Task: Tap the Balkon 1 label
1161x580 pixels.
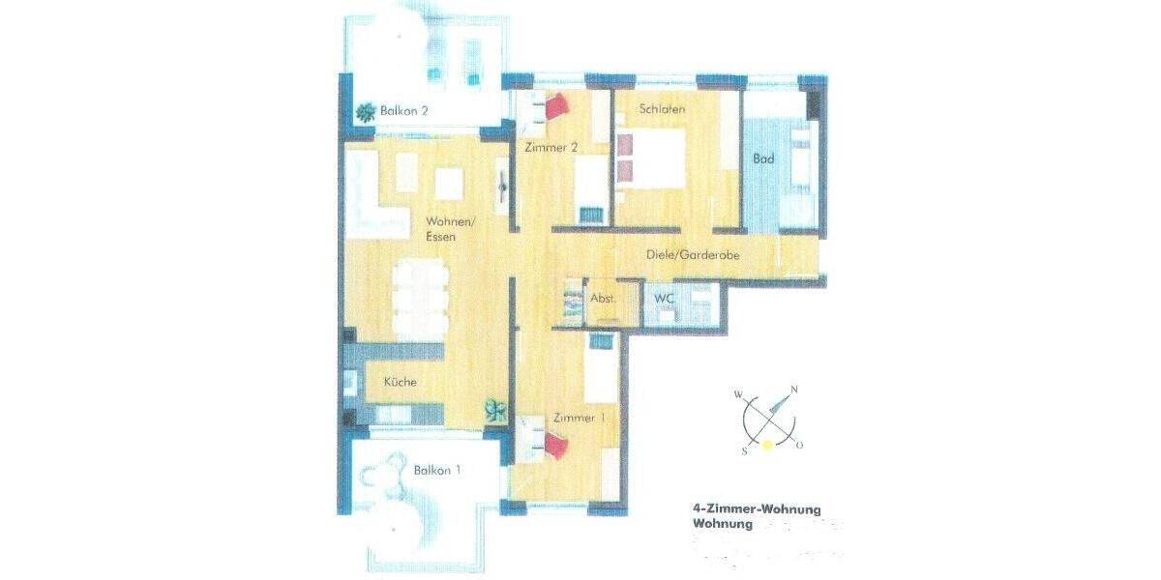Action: coord(436,471)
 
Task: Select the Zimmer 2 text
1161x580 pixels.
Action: coord(551,148)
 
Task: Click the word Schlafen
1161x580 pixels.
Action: coord(662,109)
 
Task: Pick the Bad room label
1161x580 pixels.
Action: coord(763,159)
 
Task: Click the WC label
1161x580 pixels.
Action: coord(664,299)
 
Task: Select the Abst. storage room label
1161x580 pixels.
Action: coord(604,299)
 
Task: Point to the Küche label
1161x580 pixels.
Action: coord(400,382)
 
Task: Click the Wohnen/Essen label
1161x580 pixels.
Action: coord(440,228)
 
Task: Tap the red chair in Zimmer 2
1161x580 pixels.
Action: coord(558,105)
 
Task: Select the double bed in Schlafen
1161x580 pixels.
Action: coord(648,159)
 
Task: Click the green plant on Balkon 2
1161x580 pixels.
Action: coord(366,113)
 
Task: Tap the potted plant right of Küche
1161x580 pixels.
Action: coord(495,410)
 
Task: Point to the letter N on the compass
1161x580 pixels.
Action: coord(794,391)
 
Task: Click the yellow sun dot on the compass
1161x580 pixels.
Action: coord(767,445)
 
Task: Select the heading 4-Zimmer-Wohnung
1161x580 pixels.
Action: coord(757,508)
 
